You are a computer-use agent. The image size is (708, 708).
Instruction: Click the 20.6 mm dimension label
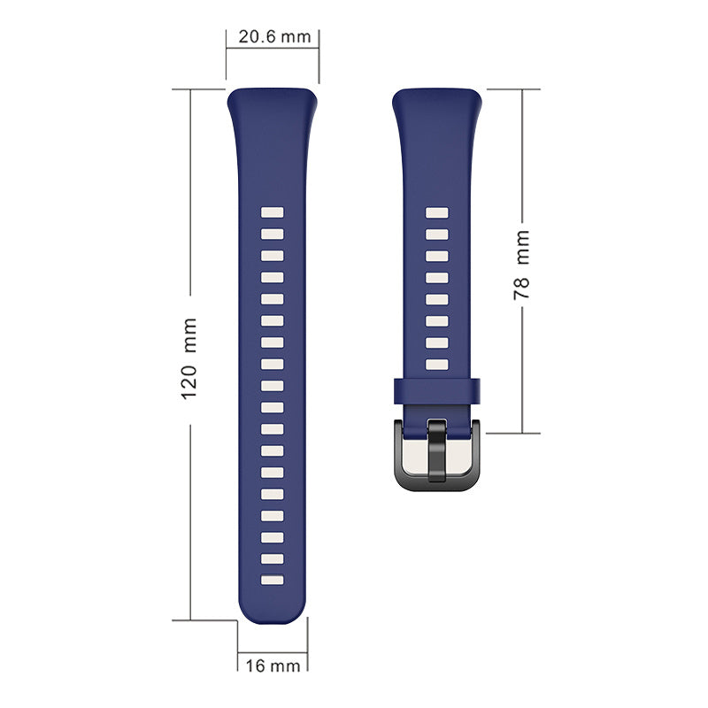274,36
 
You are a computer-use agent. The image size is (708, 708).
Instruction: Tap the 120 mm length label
189,358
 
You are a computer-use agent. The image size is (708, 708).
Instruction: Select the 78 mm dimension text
521,265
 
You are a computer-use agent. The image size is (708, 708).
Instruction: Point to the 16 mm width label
273,666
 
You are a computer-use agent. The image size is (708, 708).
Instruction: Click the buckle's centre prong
436,450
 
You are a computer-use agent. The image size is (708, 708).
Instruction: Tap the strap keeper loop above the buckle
436,390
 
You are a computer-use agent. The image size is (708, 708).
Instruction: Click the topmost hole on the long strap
273,212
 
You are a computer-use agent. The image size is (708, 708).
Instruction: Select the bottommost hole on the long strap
273,581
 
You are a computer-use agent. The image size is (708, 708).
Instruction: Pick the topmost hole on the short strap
437,212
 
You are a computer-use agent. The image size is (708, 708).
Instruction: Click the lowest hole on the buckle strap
437,365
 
